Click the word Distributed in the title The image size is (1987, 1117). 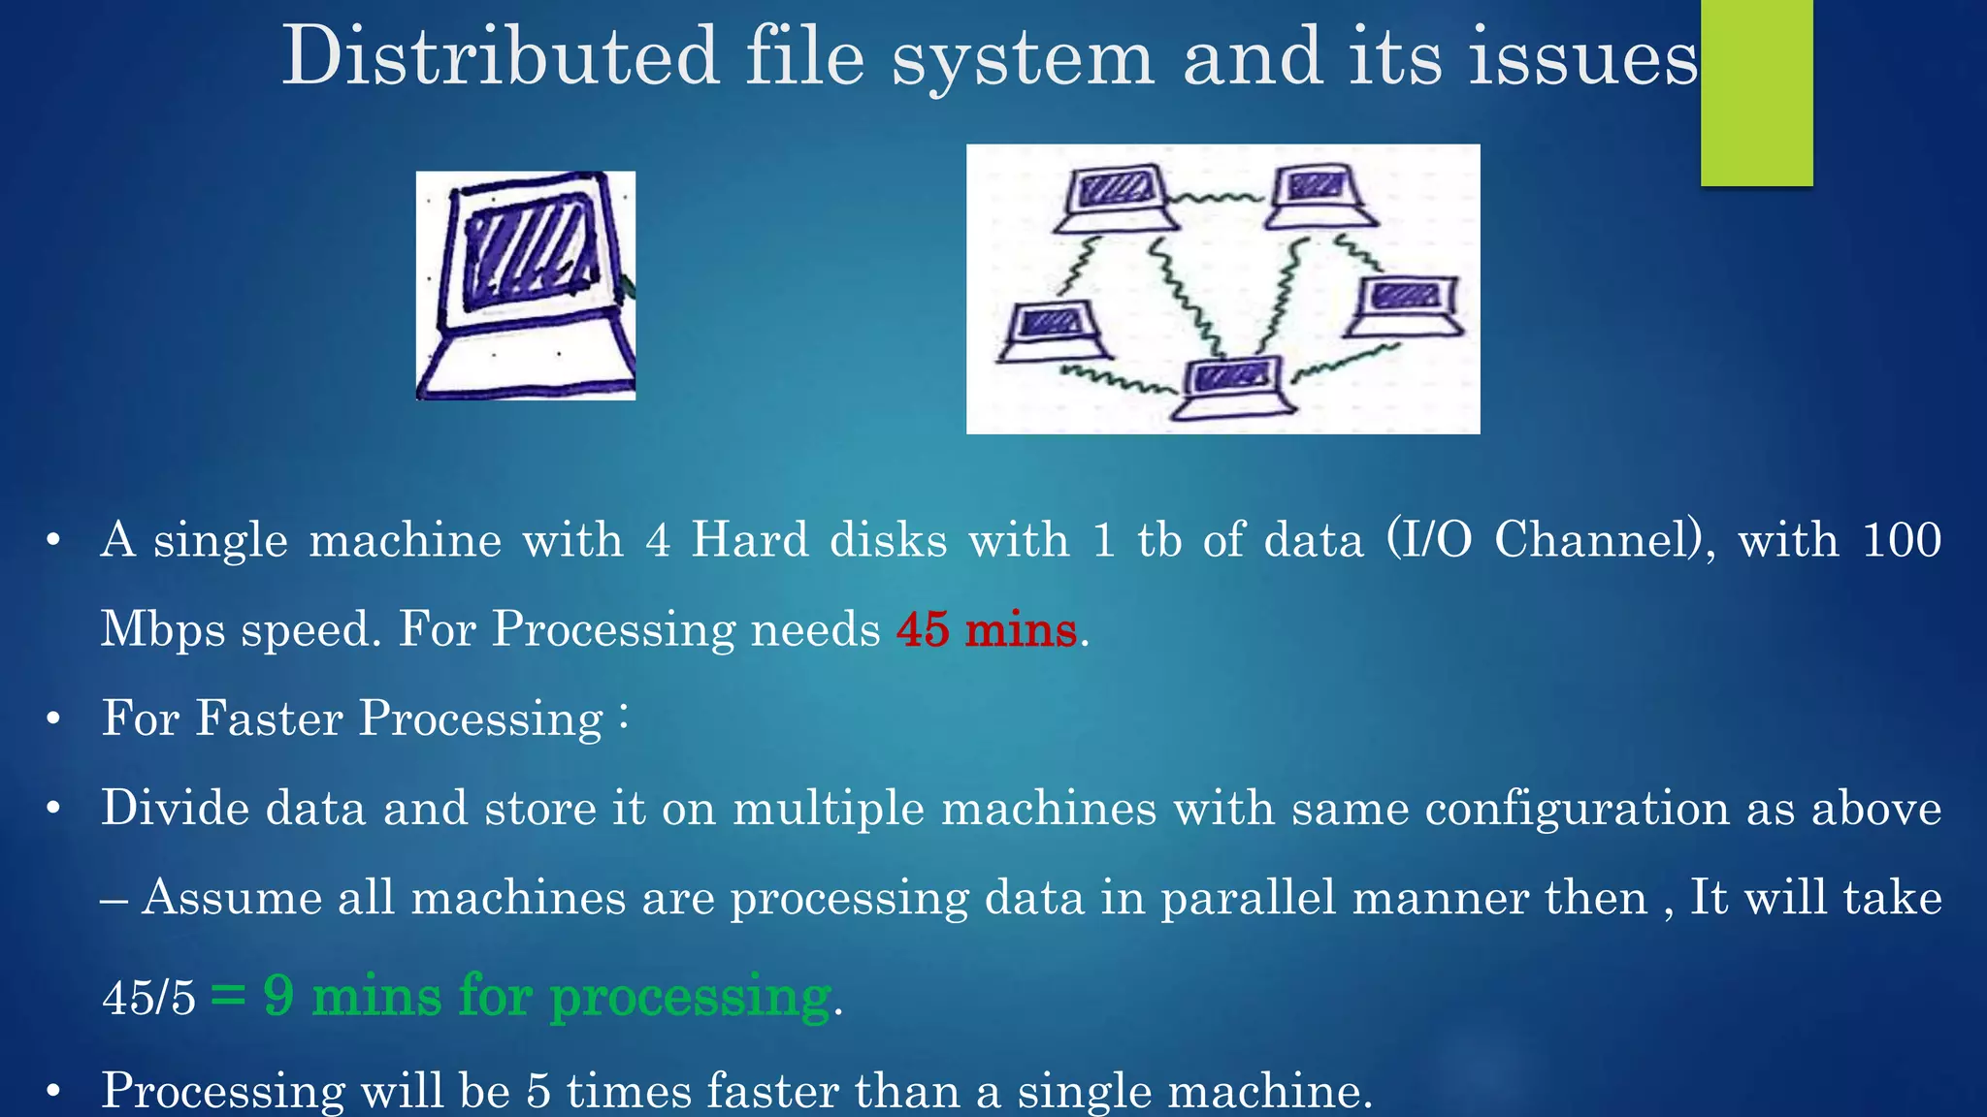pyautogui.click(x=500, y=56)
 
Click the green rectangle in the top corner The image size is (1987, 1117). pyautogui.click(x=1756, y=92)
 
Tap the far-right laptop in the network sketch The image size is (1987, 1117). pyautogui.click(x=1406, y=305)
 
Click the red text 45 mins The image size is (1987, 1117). pyautogui.click(x=986, y=629)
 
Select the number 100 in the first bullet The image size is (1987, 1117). pyautogui.click(x=1902, y=539)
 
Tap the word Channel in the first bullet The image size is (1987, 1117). pyautogui.click(x=1597, y=539)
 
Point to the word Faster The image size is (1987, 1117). pyautogui.click(x=269, y=718)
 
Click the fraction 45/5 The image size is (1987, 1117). pyautogui.click(x=148, y=997)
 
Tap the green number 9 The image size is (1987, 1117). pyautogui.click(x=278, y=996)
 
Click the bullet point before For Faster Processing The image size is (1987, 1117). pyautogui.click(x=53, y=719)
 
